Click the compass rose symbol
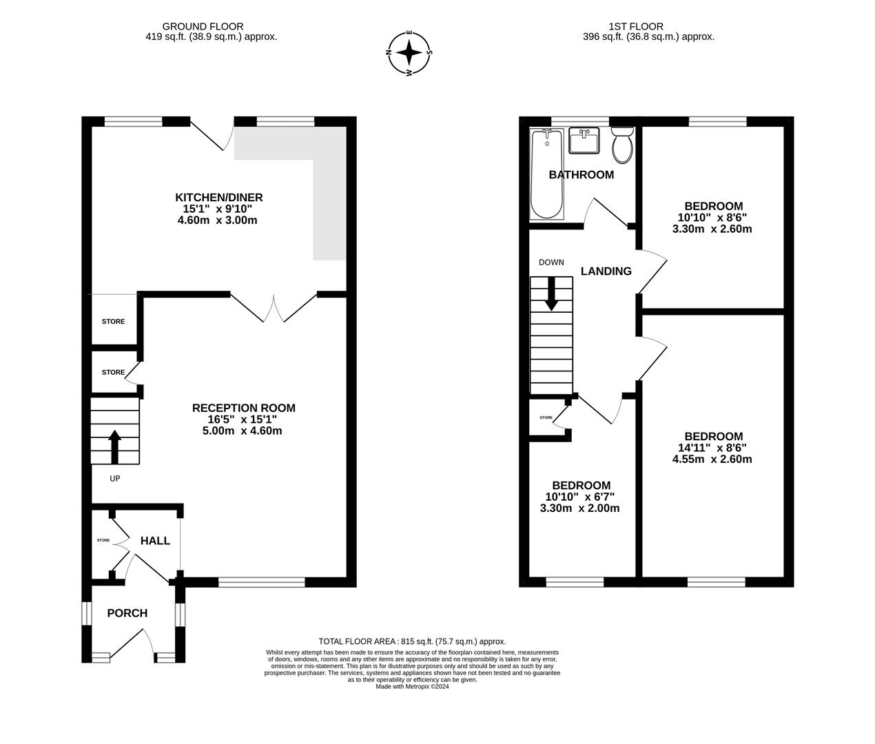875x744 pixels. (x=409, y=52)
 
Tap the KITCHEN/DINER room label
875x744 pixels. (x=218, y=198)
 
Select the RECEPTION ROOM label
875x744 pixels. (x=243, y=408)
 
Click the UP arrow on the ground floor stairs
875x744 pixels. (x=114, y=446)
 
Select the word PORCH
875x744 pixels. (x=127, y=613)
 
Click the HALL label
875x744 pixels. (x=155, y=541)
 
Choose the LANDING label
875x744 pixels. (x=606, y=271)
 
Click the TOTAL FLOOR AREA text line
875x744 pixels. (x=412, y=641)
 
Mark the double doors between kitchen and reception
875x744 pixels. (x=274, y=308)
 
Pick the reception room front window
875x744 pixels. (x=261, y=583)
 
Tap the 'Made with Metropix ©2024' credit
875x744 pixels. (x=412, y=686)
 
